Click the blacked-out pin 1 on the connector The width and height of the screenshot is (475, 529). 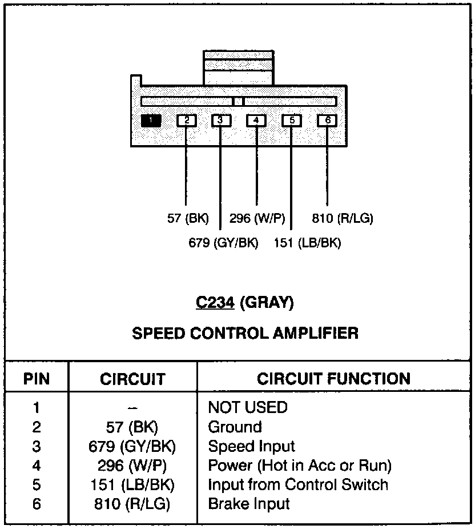151,121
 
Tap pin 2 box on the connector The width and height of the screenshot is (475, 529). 186,121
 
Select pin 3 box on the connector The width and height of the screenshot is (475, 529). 221,121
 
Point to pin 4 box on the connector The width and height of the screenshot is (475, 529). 256,121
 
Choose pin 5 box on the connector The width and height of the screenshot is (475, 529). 291,121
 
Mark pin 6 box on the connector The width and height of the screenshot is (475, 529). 327,121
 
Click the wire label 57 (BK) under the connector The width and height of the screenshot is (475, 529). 188,218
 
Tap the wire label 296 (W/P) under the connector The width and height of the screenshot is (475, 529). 257,218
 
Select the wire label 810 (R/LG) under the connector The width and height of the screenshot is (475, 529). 343,218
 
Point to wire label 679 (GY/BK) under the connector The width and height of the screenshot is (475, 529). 223,243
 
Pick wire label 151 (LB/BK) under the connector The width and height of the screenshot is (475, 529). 307,243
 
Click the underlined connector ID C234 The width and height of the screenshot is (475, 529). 215,303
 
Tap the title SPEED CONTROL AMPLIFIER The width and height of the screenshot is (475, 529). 245,333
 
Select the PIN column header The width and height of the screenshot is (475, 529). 37,379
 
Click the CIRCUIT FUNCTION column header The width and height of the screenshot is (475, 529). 333,379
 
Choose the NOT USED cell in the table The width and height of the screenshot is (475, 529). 248,407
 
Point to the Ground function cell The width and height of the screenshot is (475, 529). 235,427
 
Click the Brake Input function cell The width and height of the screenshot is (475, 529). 249,504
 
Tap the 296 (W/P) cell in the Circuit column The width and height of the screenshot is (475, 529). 132,466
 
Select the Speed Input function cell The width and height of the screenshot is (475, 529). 251,446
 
